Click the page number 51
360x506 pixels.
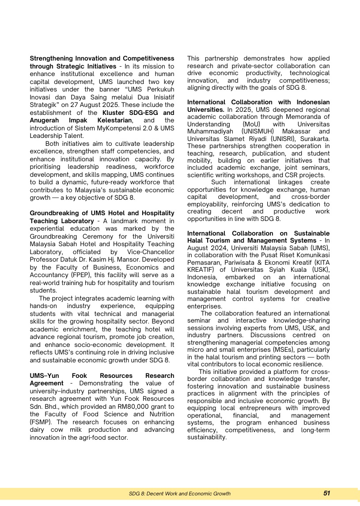pos(326,493)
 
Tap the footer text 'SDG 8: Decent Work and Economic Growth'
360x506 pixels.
pos(180,494)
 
